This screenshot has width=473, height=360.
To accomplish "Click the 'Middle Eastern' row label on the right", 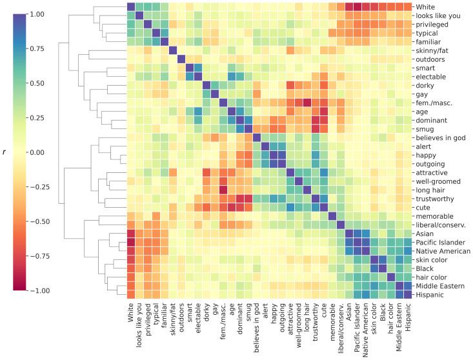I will pyautogui.click(x=444, y=285).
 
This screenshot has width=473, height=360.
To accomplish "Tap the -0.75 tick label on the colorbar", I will pyautogui.click(x=46, y=256).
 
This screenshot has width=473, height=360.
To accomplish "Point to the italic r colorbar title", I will pyautogui.click(x=6, y=152).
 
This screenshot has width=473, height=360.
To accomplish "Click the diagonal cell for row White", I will pyautogui.click(x=131, y=7).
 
